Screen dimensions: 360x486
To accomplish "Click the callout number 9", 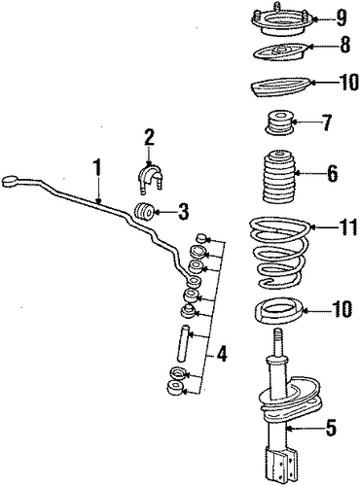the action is (342, 17).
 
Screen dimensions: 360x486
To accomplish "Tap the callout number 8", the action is (344, 45).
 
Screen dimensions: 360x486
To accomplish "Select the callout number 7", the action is (326, 122).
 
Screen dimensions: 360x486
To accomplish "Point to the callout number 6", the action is (332, 173).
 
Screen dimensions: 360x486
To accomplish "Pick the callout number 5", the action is (330, 428).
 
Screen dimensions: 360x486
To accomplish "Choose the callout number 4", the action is (221, 354).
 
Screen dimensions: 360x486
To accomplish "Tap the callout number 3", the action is (183, 212).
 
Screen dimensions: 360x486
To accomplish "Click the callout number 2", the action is (149, 138).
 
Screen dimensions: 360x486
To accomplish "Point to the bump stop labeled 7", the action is (279, 124).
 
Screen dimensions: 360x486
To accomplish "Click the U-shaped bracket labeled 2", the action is (150, 179).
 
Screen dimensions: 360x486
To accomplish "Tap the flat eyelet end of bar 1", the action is (10, 181).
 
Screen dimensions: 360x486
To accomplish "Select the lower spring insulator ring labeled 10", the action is (278, 312).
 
